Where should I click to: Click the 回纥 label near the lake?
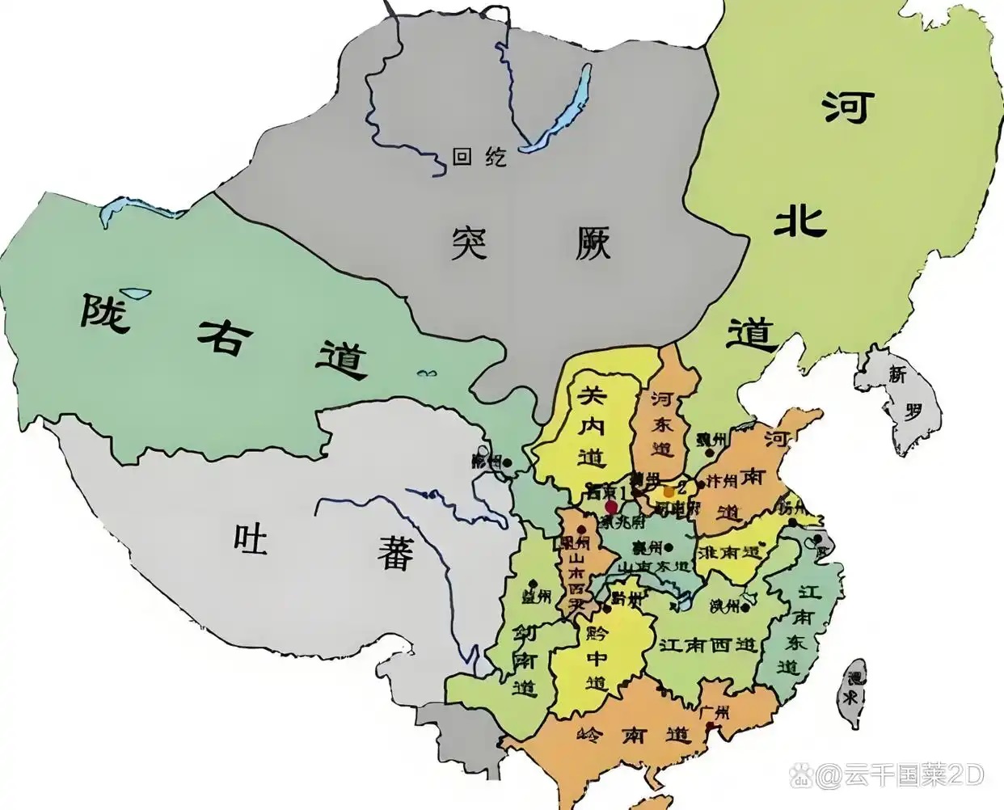pyautogui.click(x=479, y=156)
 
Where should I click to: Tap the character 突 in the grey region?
pyautogui.click(x=470, y=242)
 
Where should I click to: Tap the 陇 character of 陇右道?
pyautogui.click(x=104, y=313)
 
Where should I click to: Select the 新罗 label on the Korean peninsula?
pyautogui.click(x=905, y=393)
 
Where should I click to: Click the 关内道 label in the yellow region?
pyautogui.click(x=592, y=426)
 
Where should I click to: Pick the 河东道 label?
pyautogui.click(x=663, y=424)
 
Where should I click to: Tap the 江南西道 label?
pyautogui.click(x=708, y=645)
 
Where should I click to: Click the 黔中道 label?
pyautogui.click(x=597, y=657)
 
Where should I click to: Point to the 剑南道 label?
pyautogui.click(x=525, y=660)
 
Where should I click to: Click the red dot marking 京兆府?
pyautogui.click(x=611, y=506)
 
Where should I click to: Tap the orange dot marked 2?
pyautogui.click(x=669, y=491)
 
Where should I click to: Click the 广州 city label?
pyautogui.click(x=715, y=712)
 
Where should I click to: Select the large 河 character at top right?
pyautogui.click(x=849, y=108)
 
